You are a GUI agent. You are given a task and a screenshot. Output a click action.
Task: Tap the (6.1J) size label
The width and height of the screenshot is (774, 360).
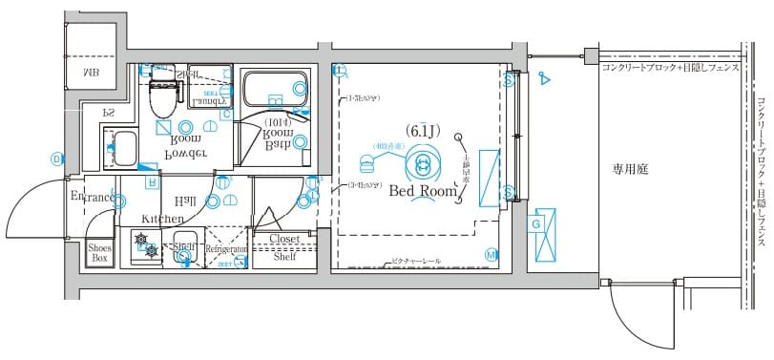click(421, 129)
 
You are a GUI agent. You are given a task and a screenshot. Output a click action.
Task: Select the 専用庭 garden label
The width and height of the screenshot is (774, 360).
click(630, 169)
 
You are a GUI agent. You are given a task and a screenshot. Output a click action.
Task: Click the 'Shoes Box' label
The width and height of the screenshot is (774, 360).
click(99, 252)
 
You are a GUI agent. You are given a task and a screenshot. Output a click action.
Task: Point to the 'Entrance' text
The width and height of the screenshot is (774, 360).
click(93, 198)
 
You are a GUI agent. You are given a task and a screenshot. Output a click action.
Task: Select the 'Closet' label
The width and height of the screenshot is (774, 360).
click(285, 239)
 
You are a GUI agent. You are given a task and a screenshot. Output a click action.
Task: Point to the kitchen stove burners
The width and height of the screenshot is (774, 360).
click(144, 245)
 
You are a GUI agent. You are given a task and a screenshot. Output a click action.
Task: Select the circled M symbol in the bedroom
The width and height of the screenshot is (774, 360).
click(491, 254)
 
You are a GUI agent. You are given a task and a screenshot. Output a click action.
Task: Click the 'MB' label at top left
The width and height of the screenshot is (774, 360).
click(92, 72)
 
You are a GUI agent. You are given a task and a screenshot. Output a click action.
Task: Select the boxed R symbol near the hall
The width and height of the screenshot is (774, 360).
click(151, 180)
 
